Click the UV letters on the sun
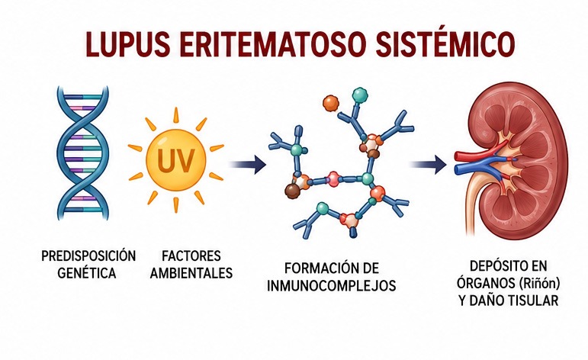(x=176, y=159)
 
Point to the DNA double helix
(x=83, y=153)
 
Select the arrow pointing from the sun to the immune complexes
(x=248, y=164)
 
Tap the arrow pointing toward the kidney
(x=428, y=164)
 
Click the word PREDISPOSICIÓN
(x=88, y=256)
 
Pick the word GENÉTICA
(x=87, y=273)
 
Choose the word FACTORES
(x=191, y=256)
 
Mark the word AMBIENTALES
(x=191, y=273)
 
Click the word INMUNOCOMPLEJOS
(x=332, y=286)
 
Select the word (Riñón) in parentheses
(x=539, y=283)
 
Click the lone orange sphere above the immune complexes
(x=330, y=102)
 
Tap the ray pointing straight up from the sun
(x=175, y=115)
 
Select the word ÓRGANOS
(x=486, y=283)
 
